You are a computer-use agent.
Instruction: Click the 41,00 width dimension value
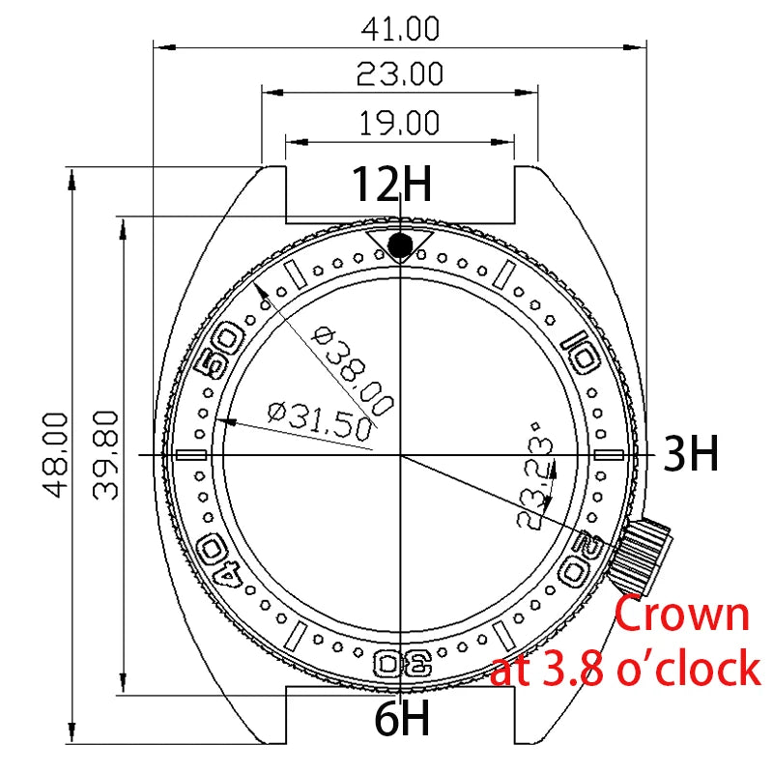click(400, 29)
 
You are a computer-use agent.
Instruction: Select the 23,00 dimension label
click(400, 74)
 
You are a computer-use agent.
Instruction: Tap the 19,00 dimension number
click(400, 123)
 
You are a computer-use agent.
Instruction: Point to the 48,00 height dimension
click(55, 454)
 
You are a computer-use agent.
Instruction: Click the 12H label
click(390, 185)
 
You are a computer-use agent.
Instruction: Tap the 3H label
click(691, 454)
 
